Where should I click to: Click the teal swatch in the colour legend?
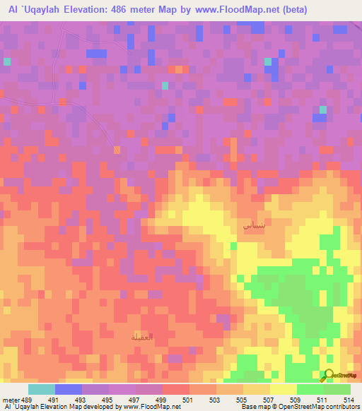coord(41,389)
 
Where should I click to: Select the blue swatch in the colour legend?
coord(68,389)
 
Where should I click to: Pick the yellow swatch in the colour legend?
coord(284,389)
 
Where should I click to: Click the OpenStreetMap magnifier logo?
coord(329,375)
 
